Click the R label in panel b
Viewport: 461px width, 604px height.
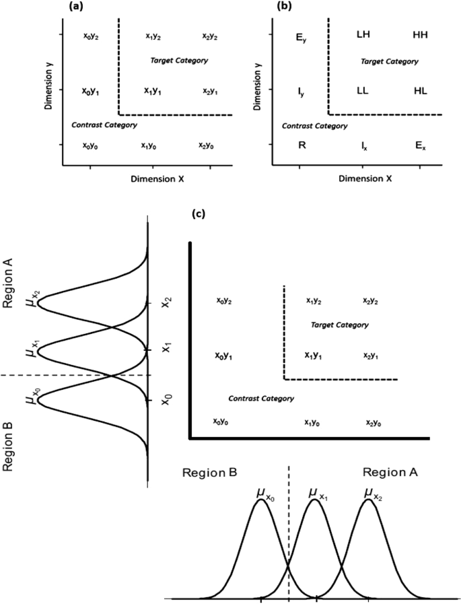pyautogui.click(x=302, y=144)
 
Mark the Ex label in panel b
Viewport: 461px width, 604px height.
pyautogui.click(x=420, y=145)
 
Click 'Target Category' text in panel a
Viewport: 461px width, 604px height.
pyautogui.click(x=179, y=61)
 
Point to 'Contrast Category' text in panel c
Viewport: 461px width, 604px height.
pyautogui.click(x=261, y=399)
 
